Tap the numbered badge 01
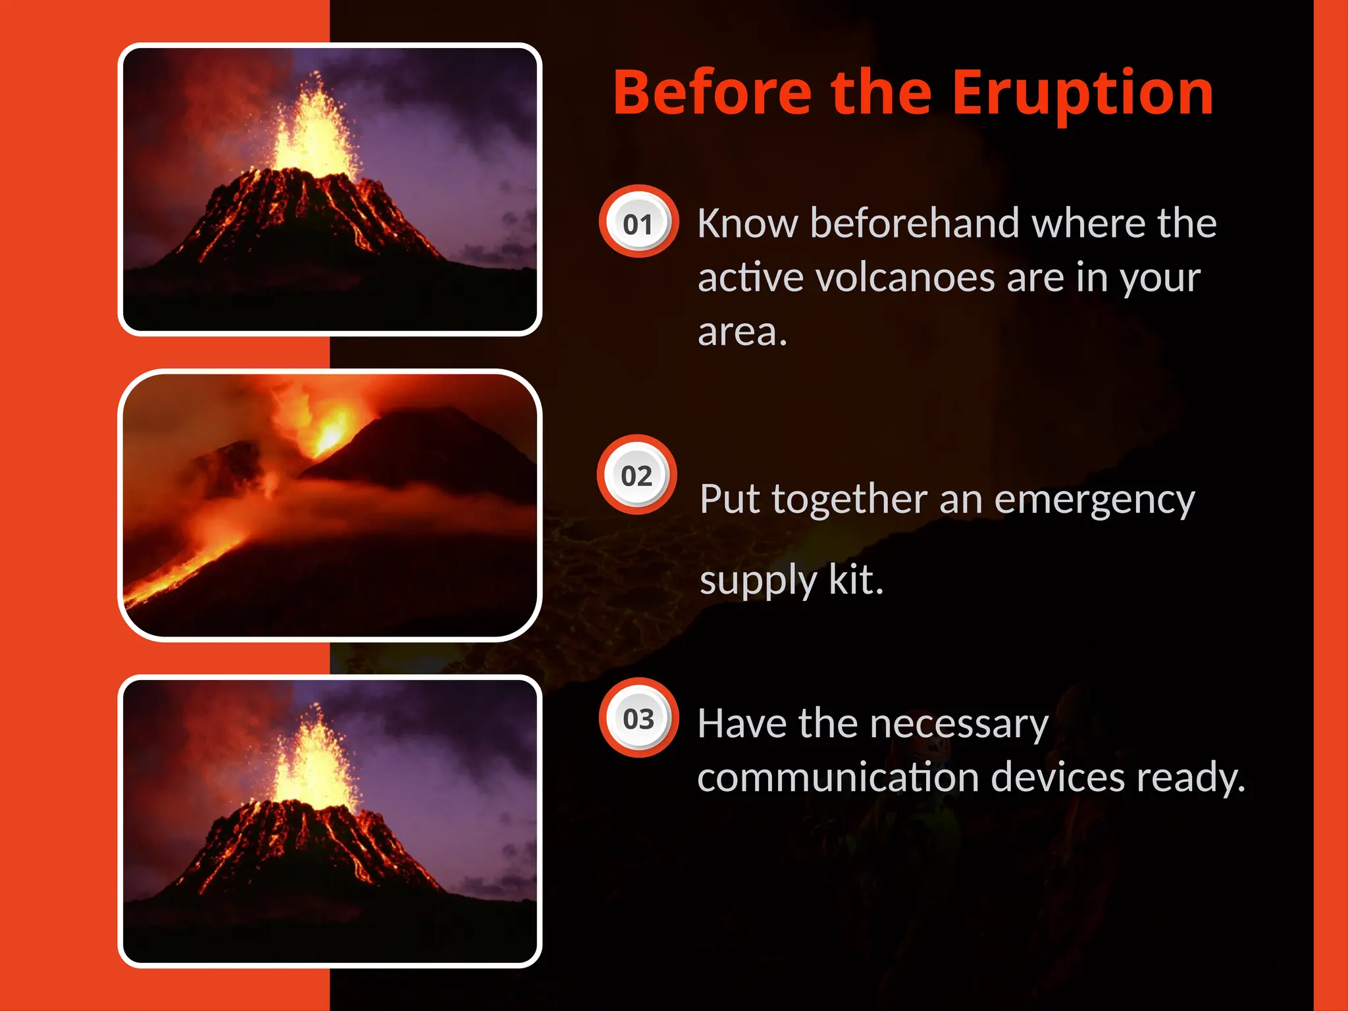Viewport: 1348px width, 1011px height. point(638,224)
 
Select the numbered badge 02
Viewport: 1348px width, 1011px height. point(636,475)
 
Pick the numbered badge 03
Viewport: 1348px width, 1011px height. point(638,718)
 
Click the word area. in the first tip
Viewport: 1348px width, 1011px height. point(742,332)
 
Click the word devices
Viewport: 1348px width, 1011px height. point(1058,777)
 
